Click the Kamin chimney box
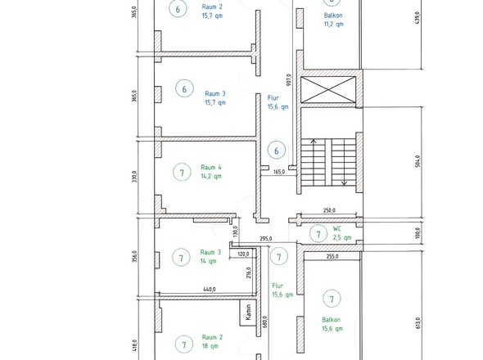pos(248,313)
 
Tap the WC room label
pos(337,229)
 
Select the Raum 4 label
pos(211,167)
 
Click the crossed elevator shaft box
pos(328,90)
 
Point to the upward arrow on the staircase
pos(314,162)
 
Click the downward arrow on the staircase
pos(344,162)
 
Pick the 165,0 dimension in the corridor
pos(279,172)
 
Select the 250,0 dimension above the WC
pos(329,210)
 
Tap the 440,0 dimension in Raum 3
pos(210,290)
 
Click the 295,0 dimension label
pos(266,239)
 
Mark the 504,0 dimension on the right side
pos(418,161)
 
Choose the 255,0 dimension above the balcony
pos(332,256)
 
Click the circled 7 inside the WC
pos(318,234)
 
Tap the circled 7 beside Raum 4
pos(182,172)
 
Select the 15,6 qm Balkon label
pos(332,329)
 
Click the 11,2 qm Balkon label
pos(334,24)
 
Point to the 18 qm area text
pos(210,346)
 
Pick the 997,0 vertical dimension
pos(289,79)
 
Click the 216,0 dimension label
pos(249,272)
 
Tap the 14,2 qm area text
pos(211,176)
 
